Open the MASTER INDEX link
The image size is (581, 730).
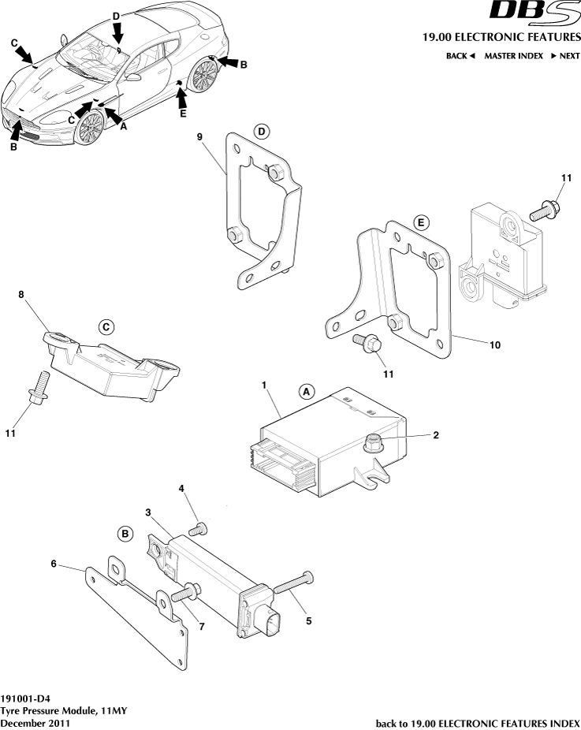coord(513,56)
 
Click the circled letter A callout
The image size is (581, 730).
coord(307,391)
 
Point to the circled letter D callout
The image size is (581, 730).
coord(262,131)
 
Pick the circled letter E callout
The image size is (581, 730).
coord(421,223)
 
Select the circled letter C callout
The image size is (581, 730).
coord(106,326)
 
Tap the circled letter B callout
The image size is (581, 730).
coord(125,534)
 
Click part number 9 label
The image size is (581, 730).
coord(200,136)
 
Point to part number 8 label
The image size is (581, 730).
coord(22,295)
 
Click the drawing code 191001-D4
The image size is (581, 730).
coord(30,698)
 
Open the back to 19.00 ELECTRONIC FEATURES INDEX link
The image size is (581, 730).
coord(479,722)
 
